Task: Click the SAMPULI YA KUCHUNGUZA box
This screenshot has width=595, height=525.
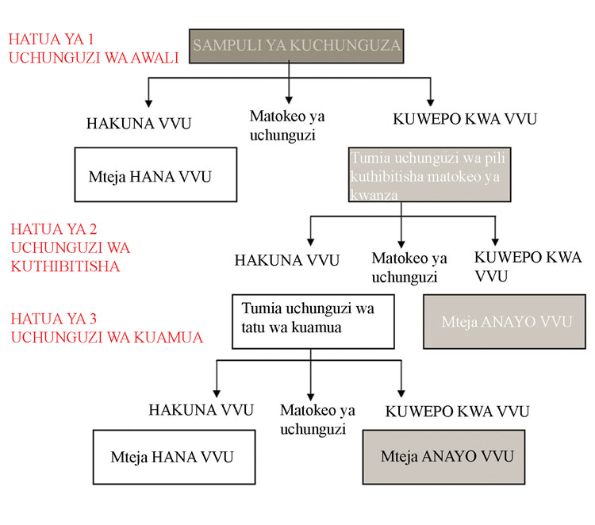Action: coord(297,45)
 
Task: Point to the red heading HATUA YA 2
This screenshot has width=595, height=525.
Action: coord(53,230)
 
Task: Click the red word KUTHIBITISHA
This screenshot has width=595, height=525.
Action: coord(65,266)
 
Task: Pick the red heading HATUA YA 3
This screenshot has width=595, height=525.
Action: coord(53,319)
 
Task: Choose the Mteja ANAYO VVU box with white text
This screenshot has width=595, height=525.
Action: coord(505,321)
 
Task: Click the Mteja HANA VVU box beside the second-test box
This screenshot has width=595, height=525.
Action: coord(155,174)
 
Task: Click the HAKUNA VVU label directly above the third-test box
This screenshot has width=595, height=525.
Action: coord(287,260)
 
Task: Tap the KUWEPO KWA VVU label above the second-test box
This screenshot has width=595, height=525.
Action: coord(465,120)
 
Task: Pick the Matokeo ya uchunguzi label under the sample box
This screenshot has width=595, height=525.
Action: coord(286,124)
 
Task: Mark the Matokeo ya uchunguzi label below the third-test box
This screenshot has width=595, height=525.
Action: coord(317,420)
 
